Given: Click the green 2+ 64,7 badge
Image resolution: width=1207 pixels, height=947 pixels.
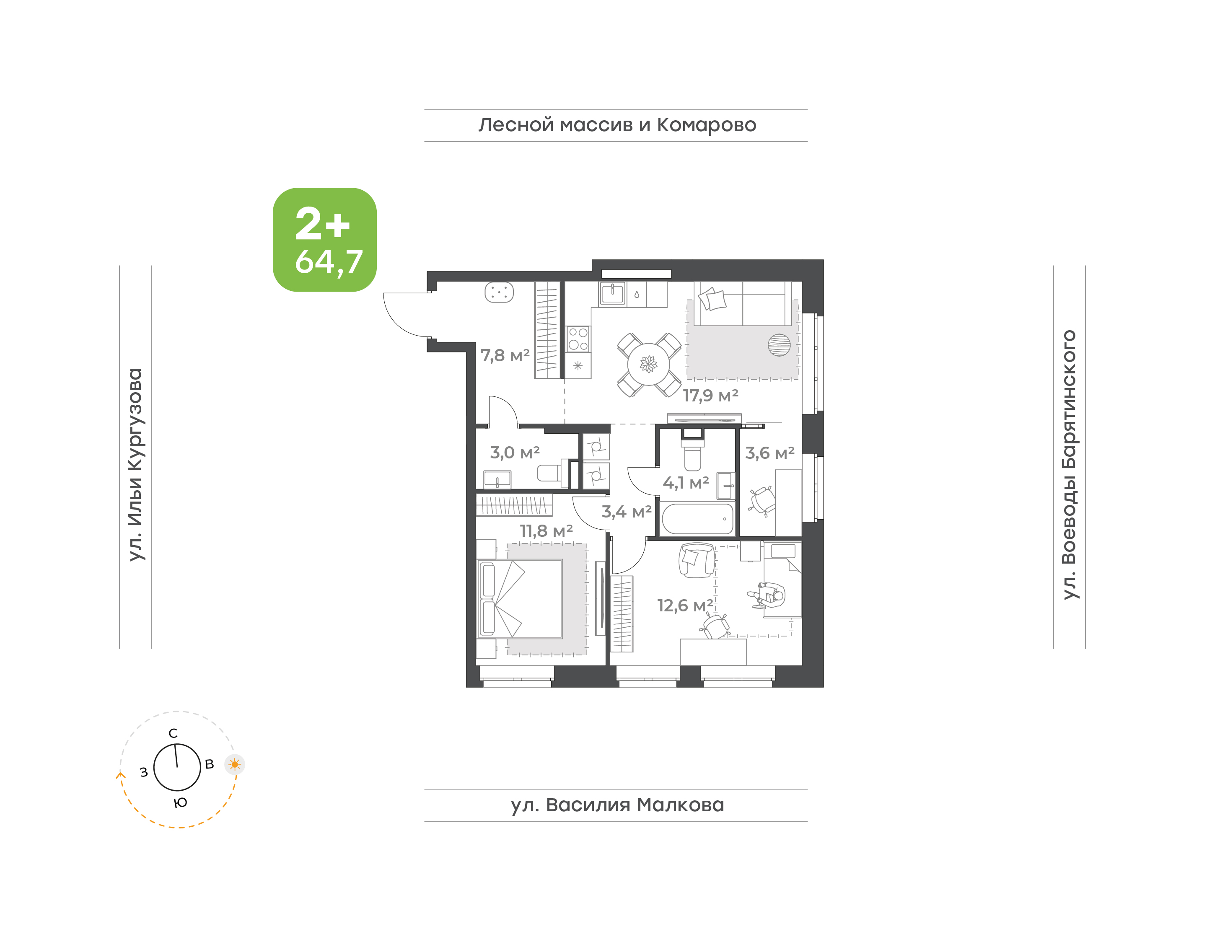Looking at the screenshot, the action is coord(324,240).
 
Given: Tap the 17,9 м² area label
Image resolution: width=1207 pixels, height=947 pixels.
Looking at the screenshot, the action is coord(710,395).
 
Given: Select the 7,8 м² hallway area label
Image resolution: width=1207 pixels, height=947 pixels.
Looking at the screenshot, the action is coord(505,355).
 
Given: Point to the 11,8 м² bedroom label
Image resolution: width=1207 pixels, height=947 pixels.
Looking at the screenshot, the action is coord(546,530).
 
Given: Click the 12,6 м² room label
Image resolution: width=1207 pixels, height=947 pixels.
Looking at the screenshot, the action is coord(685,605).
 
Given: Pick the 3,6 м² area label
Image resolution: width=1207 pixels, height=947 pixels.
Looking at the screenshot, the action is coord(769,453).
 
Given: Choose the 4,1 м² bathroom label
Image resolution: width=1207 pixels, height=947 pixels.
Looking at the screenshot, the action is coord(686,483).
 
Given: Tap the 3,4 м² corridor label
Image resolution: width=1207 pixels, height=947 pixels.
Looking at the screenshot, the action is coord(627,512).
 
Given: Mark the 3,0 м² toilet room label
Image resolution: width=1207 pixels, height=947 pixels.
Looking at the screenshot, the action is coord(515,453).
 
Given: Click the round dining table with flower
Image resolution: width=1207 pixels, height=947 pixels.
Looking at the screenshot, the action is coord(649,364).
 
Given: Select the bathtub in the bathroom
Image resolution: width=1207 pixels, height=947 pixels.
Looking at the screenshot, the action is coord(697,518).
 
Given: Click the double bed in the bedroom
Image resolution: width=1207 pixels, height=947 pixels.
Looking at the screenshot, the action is coord(520,599).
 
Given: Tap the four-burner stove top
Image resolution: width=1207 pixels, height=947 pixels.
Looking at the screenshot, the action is coord(578,339).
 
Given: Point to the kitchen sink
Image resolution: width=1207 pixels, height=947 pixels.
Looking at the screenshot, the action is coord(613,293).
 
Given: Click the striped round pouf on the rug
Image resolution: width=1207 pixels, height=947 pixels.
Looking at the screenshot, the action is coord(779,345).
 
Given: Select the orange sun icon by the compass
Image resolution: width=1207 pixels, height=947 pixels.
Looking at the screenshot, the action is coord(235,765).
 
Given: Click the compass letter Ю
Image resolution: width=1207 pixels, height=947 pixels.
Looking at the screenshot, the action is coord(180,803).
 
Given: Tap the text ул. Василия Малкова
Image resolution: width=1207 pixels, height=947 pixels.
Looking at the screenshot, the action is coord(617,805).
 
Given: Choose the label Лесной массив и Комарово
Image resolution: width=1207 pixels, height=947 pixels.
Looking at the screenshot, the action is coord(617,125).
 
